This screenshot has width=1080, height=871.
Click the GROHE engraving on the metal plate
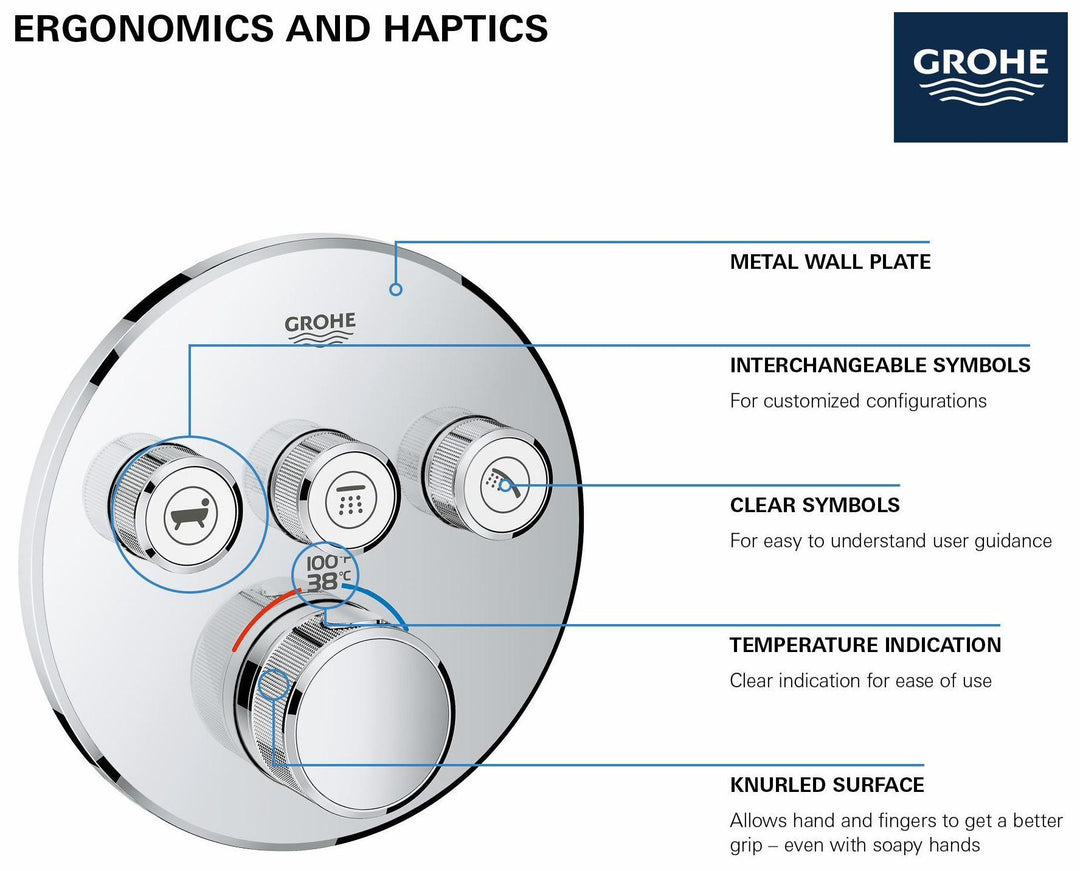pyautogui.click(x=320, y=327)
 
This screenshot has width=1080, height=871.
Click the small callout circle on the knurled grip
pyautogui.click(x=273, y=686)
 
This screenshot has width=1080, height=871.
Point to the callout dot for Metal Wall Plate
pyautogui.click(x=396, y=289)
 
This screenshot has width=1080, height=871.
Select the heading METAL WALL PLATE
pyautogui.click(x=830, y=263)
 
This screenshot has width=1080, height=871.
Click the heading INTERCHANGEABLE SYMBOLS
pyautogui.click(x=880, y=366)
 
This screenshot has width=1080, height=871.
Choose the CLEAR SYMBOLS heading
pyautogui.click(x=814, y=506)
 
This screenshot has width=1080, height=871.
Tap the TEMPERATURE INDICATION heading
pyautogui.click(x=865, y=646)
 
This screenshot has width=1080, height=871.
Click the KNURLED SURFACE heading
pyautogui.click(x=827, y=786)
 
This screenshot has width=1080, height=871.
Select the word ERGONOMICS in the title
pyautogui.click(x=141, y=28)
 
